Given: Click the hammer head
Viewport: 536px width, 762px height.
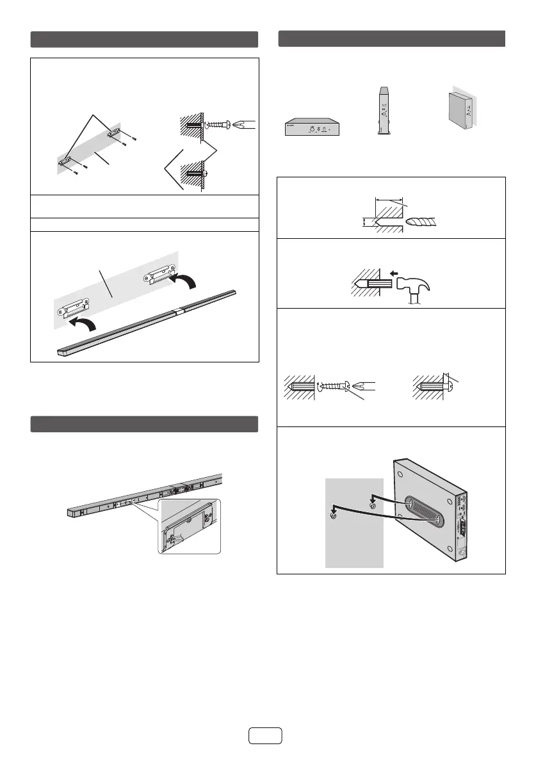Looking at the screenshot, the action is click(x=422, y=285).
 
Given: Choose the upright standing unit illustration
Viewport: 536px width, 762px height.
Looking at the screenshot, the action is click(x=384, y=109).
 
